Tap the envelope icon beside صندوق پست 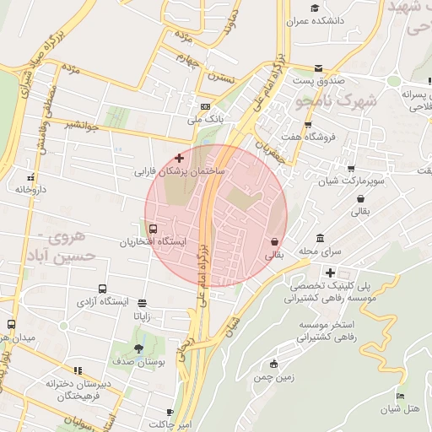tap(318, 68)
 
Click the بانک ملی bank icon tap(205, 107)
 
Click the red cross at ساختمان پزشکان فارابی tap(179, 158)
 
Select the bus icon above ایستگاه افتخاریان tap(153, 229)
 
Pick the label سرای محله tap(319, 251)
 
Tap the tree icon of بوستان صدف tap(138, 348)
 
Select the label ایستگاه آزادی tap(103, 300)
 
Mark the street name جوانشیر tap(83, 125)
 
